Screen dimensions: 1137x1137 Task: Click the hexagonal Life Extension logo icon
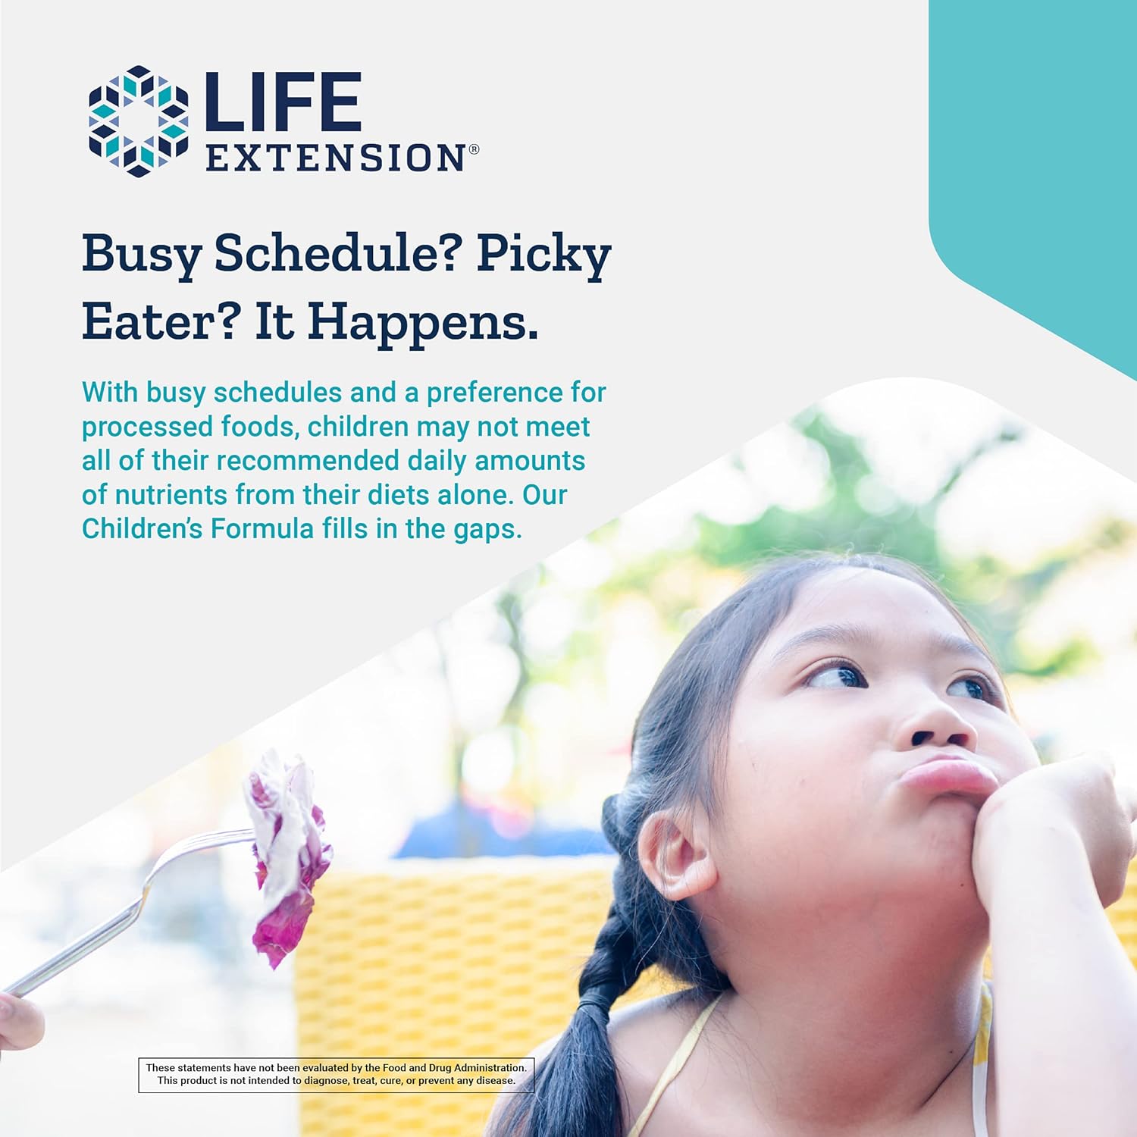click(139, 121)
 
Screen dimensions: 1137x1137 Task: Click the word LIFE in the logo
click(283, 101)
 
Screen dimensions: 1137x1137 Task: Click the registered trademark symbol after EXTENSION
click(474, 149)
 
